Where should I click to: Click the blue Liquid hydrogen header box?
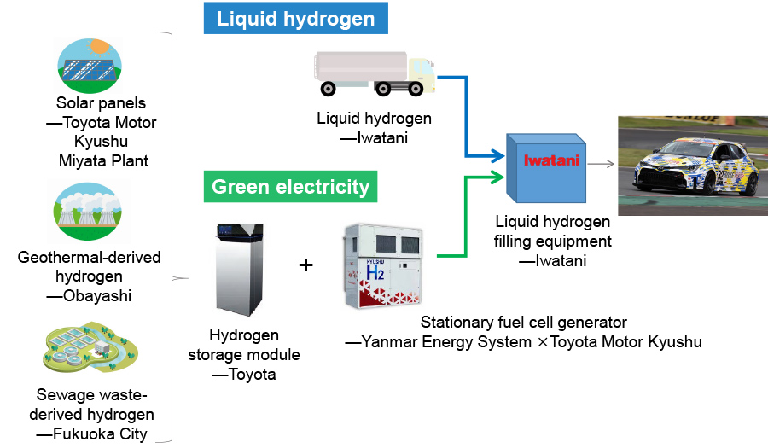click(295, 18)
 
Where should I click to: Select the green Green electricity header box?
click(290, 187)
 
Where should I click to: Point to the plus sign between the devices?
click(305, 265)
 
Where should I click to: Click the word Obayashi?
click(96, 295)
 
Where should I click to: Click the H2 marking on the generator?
click(376, 272)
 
